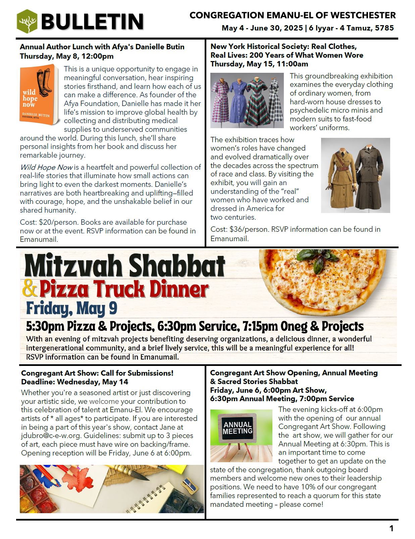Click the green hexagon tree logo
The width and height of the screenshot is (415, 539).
click(x=27, y=21)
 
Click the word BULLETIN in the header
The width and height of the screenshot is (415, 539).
click(x=92, y=22)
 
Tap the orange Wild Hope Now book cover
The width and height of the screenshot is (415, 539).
click(x=39, y=95)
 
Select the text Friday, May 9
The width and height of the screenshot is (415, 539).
click(x=71, y=309)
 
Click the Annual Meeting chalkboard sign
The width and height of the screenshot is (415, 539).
click(x=238, y=428)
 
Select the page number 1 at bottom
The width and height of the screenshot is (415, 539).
click(x=391, y=529)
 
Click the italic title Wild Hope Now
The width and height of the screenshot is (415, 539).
click(x=46, y=167)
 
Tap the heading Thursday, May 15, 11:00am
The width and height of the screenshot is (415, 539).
click(x=259, y=64)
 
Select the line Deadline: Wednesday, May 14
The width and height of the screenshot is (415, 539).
click(x=74, y=382)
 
